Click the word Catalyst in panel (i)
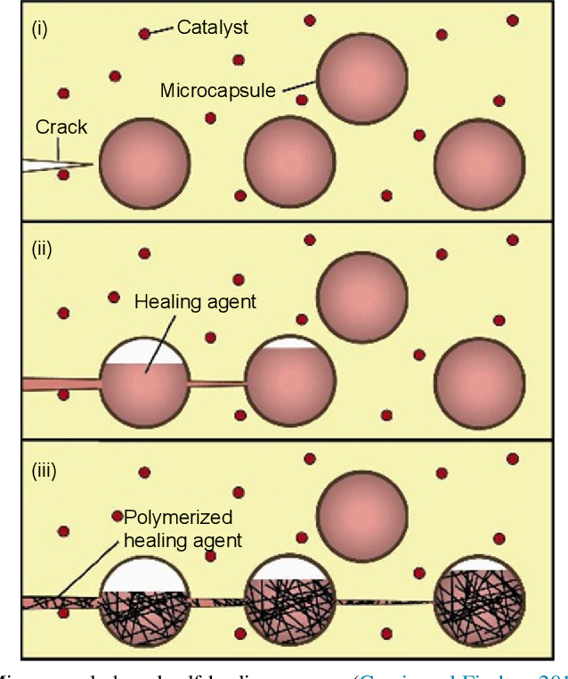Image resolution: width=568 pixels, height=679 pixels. (x=212, y=28)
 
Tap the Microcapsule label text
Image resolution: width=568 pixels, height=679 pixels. (x=217, y=91)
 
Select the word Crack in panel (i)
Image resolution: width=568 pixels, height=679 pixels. (x=61, y=127)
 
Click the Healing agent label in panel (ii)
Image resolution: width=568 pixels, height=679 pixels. (x=195, y=301)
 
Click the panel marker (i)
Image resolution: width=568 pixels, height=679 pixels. (x=40, y=29)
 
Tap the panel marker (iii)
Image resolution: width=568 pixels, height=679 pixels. (x=44, y=470)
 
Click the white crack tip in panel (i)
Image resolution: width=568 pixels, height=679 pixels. (x=53, y=164)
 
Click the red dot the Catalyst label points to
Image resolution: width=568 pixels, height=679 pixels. (x=144, y=34)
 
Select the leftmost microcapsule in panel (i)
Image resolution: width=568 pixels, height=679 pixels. (x=143, y=164)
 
